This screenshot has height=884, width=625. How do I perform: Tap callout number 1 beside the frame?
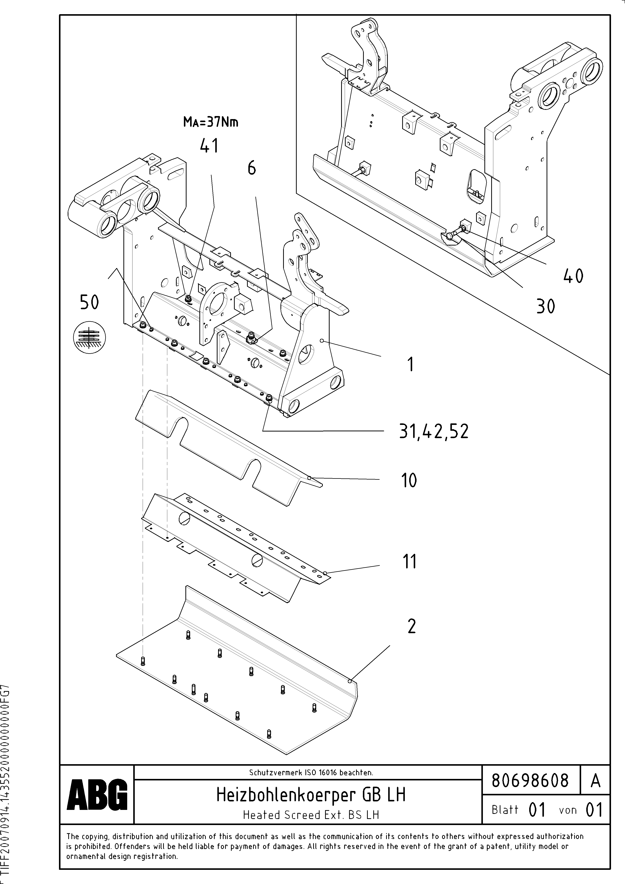pos(410,364)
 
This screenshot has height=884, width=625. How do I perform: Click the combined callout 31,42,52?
pos(434,431)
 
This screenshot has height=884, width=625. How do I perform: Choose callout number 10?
pos(409,480)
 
